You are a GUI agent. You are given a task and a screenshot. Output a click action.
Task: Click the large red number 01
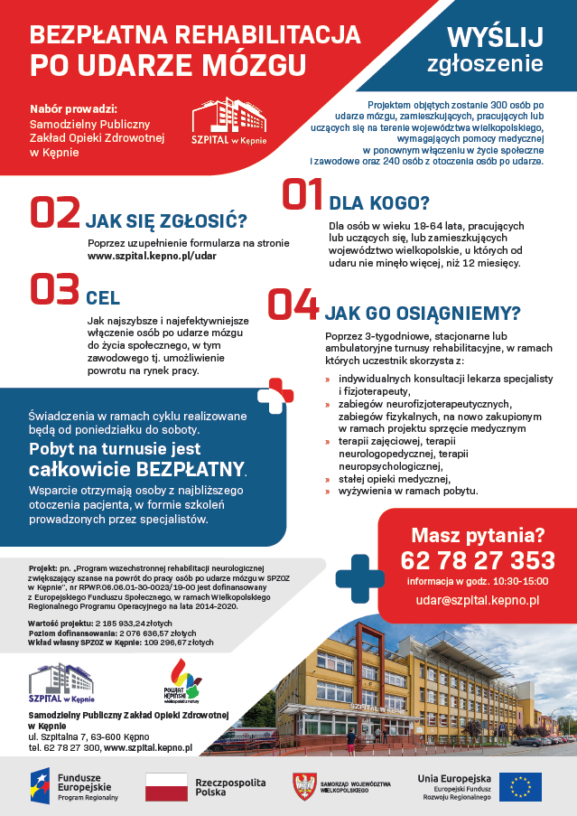click(x=302, y=194)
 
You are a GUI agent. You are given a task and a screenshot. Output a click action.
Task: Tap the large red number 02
click(x=55, y=213)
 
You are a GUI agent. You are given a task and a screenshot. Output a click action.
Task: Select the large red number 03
click(x=55, y=291)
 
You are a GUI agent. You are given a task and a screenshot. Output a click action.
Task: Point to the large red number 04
click(x=293, y=306)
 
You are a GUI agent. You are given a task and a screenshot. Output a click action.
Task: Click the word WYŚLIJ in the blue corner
click(x=496, y=36)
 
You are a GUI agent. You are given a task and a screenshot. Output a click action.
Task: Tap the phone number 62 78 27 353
click(x=477, y=560)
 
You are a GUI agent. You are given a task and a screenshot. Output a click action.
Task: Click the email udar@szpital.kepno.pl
click(x=477, y=599)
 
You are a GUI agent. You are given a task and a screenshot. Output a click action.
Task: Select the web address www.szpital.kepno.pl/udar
click(x=152, y=256)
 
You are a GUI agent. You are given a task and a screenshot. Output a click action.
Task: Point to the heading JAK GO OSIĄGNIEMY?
click(x=422, y=314)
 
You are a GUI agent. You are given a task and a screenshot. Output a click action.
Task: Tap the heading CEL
click(x=103, y=298)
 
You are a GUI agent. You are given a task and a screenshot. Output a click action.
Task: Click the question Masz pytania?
click(x=478, y=534)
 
